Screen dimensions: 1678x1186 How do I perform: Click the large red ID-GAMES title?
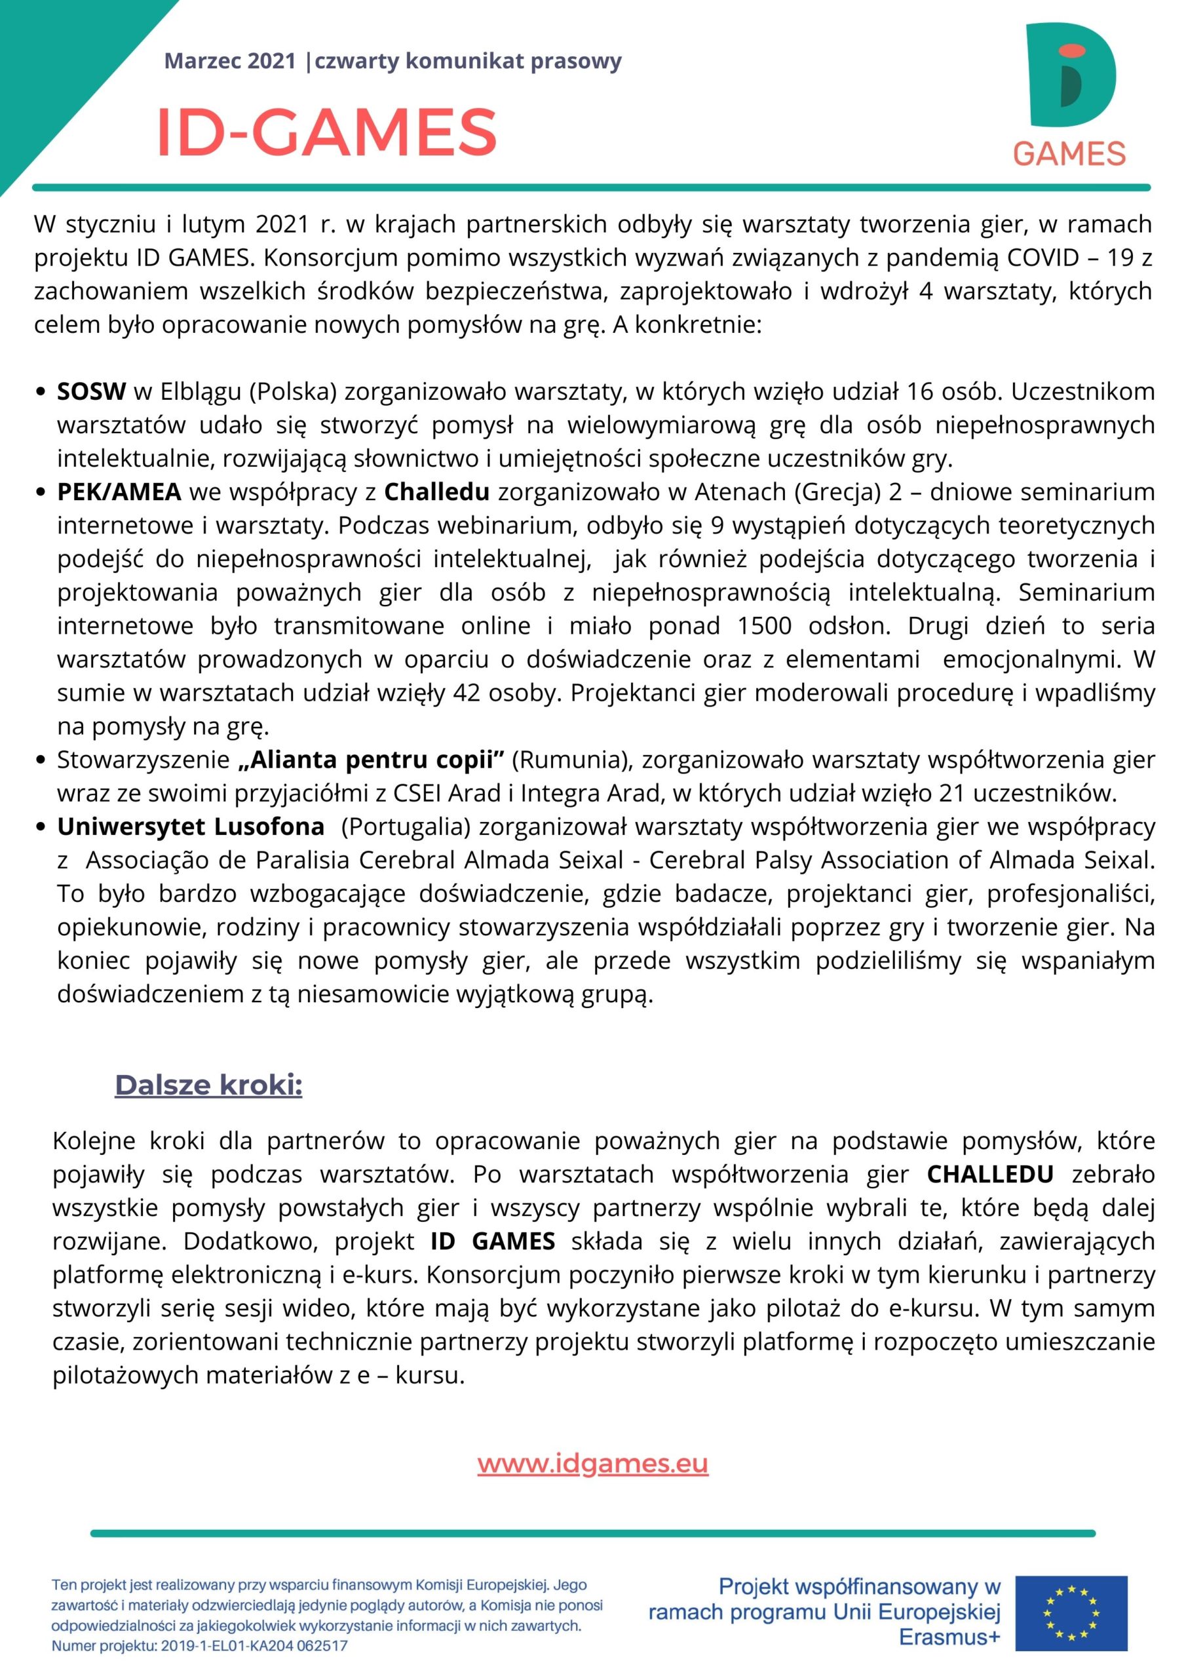[x=327, y=132]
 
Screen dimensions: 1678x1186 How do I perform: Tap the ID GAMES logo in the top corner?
[x=1070, y=94]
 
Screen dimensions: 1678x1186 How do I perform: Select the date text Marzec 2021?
[x=230, y=62]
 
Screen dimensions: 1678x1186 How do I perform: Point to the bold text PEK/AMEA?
[x=119, y=492]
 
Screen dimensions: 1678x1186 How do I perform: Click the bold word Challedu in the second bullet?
[x=437, y=492]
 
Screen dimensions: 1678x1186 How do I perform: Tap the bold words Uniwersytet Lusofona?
[x=191, y=827]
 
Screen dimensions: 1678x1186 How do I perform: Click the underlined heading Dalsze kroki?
[x=208, y=1085]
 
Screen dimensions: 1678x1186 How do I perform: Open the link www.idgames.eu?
[x=592, y=1464]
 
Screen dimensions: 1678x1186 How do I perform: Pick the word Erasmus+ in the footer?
[x=949, y=1641]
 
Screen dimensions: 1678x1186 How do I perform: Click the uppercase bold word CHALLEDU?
[x=990, y=1175]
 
